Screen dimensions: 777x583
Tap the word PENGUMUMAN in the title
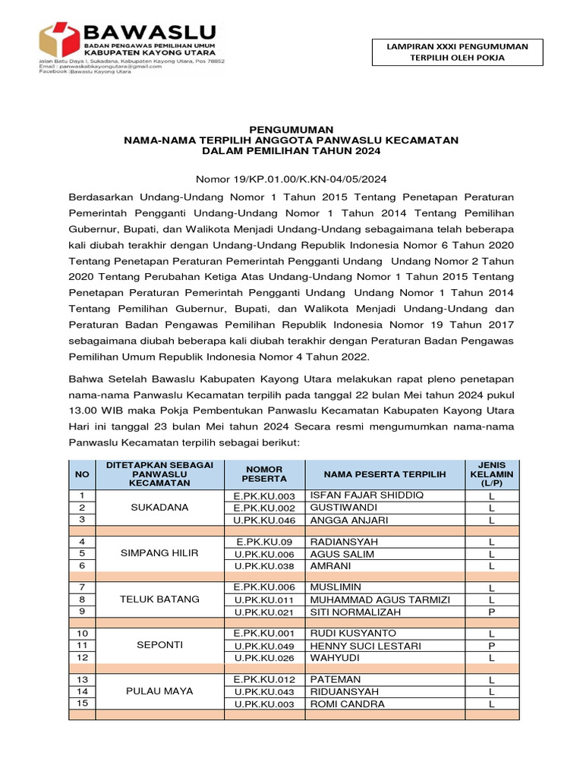(292, 130)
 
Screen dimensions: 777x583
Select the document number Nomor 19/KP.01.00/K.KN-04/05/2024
(292, 179)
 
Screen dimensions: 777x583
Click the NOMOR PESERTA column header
(263, 473)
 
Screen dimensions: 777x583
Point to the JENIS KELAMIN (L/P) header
(491, 473)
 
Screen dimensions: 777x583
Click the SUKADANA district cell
(159, 508)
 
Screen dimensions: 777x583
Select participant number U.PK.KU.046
(263, 521)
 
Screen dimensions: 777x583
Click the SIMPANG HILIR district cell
(159, 553)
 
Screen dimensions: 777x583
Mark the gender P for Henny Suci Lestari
(491, 646)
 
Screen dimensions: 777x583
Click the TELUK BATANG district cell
(159, 599)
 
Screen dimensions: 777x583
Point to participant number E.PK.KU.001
(263, 633)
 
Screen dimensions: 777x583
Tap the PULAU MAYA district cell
(159, 691)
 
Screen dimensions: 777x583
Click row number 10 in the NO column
(82, 633)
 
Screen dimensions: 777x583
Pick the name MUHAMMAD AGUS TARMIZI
(380, 599)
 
